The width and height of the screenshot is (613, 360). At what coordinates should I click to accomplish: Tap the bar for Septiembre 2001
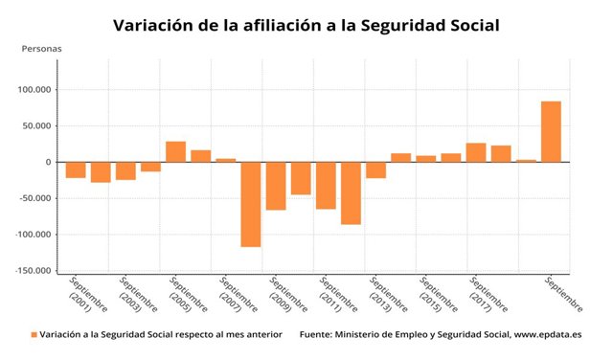(76, 169)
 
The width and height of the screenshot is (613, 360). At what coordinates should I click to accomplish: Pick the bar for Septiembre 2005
(175, 151)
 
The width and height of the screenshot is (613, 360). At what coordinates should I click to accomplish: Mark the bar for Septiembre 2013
(375, 169)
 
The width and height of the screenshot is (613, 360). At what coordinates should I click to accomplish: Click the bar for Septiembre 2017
(476, 152)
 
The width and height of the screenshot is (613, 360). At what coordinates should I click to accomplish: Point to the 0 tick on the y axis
(47, 162)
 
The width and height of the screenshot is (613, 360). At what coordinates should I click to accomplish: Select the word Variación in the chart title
(158, 24)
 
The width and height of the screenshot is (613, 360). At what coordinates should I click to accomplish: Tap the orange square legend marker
(34, 335)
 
